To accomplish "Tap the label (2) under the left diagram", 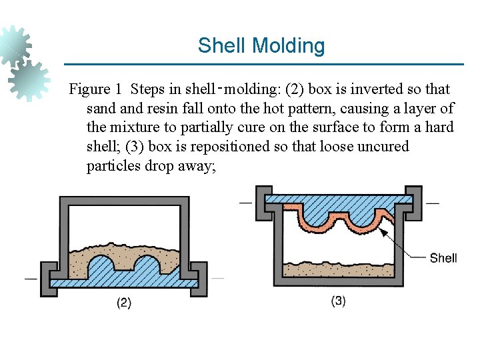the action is click(x=124, y=303).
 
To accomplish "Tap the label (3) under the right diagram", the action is click(x=338, y=301).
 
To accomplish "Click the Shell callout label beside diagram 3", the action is click(x=443, y=257).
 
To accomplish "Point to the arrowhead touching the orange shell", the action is click(x=383, y=231).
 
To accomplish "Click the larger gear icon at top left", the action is click(x=15, y=44).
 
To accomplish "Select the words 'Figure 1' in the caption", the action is click(x=96, y=89).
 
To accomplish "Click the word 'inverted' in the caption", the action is click(x=373, y=89).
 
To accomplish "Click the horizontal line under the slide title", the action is click(x=263, y=65).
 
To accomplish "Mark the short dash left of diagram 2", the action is click(x=31, y=278).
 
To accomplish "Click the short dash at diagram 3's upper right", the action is click(x=433, y=202).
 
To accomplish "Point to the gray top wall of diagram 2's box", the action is click(x=120, y=201).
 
